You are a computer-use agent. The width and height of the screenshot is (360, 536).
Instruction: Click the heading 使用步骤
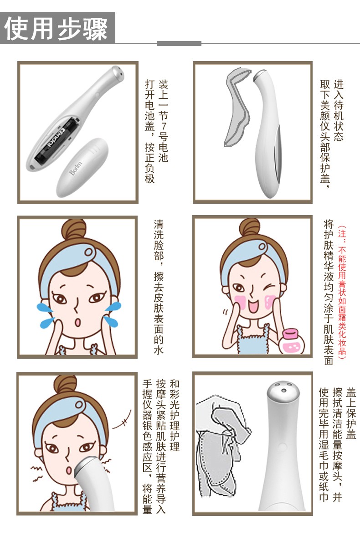[x=56, y=28]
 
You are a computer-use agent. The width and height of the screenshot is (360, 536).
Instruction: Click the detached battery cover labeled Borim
[x=82, y=167]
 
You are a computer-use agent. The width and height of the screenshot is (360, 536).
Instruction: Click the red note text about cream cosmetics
[x=342, y=292]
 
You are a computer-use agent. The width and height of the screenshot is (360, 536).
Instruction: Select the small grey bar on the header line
[x=179, y=43]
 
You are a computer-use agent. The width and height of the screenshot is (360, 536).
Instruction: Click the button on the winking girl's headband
[x=262, y=246]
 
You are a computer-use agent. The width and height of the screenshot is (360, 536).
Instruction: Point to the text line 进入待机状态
[x=339, y=111]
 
